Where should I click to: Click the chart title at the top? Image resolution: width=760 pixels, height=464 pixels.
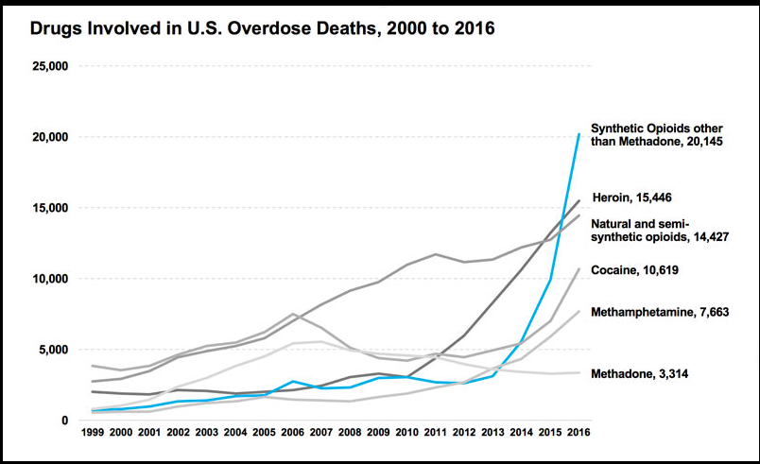(262, 28)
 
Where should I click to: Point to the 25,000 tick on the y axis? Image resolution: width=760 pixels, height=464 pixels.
(50, 66)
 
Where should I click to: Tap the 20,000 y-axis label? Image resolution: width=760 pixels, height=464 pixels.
(50, 137)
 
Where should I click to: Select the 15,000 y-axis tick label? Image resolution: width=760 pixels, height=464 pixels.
(50, 208)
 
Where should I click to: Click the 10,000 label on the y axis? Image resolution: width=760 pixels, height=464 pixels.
(50, 279)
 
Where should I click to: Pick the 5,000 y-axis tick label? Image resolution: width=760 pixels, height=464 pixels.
(53, 350)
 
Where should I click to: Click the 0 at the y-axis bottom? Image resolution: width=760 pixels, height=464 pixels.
(65, 421)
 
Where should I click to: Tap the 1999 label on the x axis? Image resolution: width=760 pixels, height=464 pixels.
(93, 432)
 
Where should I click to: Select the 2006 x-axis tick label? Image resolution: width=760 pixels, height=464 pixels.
(293, 432)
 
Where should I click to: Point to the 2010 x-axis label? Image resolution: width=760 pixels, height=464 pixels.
(407, 432)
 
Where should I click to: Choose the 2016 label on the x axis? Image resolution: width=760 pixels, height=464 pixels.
(579, 432)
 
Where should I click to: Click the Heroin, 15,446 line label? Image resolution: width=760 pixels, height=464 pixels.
(632, 198)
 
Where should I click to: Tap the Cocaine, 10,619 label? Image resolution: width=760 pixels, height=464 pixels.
(634, 269)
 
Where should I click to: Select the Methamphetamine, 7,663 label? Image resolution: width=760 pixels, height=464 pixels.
(660, 312)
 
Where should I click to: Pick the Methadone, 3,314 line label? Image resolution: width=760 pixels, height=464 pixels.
(639, 374)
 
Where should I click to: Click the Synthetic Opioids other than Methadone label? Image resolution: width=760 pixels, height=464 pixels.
(657, 134)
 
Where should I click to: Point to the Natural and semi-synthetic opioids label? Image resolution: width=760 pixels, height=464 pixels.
(660, 231)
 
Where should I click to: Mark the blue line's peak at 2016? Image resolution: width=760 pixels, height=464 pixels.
(579, 134)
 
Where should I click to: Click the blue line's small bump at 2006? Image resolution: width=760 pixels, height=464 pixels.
(293, 381)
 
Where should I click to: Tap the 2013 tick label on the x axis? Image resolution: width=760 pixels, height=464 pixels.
(492, 432)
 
